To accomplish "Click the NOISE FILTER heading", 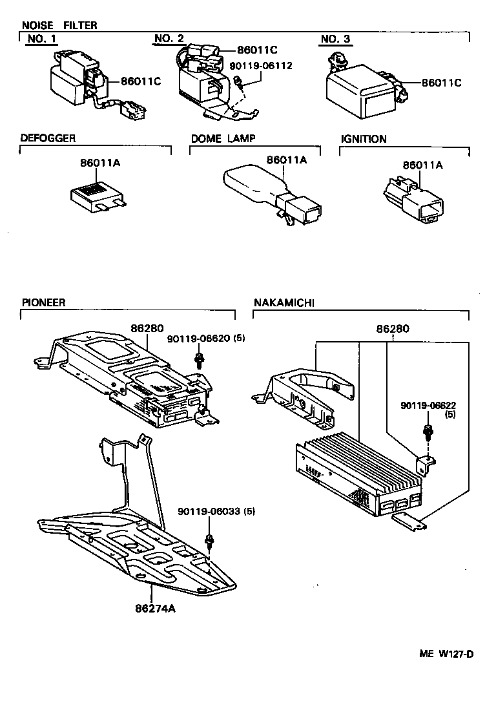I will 59,25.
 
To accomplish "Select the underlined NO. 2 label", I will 169,39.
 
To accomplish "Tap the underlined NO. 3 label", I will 335,39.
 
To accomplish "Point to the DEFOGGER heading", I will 48,138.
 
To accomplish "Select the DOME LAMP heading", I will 223,138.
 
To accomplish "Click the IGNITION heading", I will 364,139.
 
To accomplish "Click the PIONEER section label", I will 44,302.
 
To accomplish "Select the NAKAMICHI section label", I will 284,302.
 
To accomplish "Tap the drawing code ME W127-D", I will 446,653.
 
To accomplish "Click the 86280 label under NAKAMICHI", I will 393,329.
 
